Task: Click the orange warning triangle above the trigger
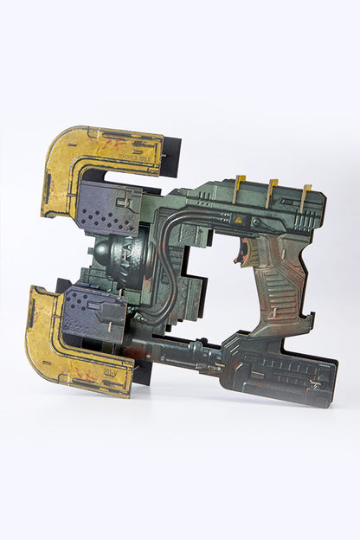(238, 221)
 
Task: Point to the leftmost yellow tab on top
(240, 184)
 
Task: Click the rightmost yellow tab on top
(305, 194)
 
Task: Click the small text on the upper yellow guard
(138, 158)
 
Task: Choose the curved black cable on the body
(164, 260)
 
